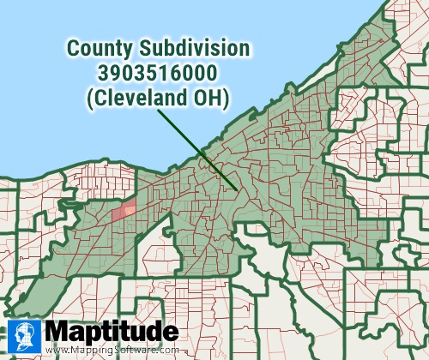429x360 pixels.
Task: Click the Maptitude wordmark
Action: point(112,332)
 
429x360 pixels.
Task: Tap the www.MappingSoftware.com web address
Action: point(112,350)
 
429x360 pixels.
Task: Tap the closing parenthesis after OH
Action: point(225,99)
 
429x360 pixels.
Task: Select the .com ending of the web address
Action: point(167,350)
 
